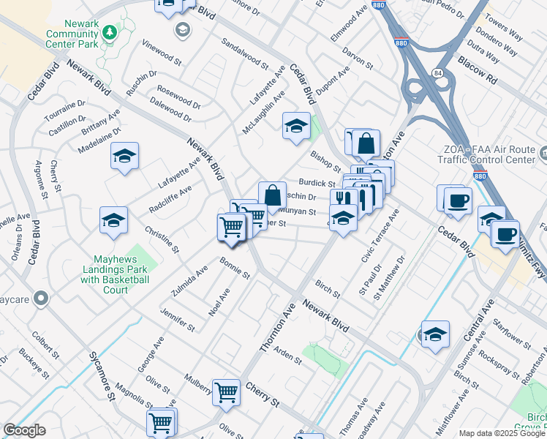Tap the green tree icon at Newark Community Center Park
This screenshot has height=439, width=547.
(x=109, y=32)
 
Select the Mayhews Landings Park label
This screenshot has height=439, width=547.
(x=115, y=269)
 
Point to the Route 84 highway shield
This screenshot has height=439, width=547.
(x=437, y=73)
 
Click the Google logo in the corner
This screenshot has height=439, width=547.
(x=24, y=430)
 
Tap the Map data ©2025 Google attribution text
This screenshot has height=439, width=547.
(x=502, y=433)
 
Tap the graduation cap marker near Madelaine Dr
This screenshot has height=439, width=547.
(x=125, y=156)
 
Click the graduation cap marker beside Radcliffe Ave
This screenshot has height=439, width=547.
(x=114, y=220)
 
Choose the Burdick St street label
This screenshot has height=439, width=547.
(x=316, y=184)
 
